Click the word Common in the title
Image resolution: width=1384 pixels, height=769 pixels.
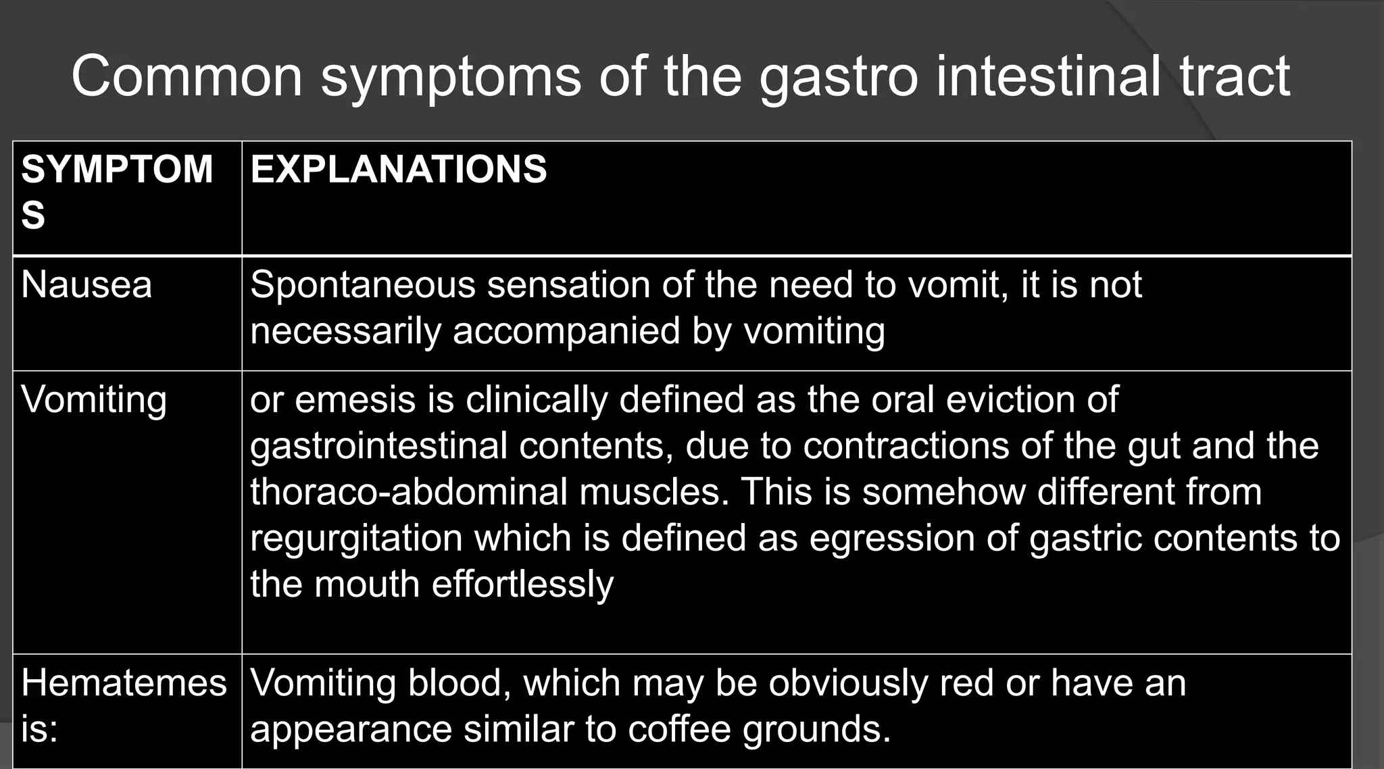click(187, 76)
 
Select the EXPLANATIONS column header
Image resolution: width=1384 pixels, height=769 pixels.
click(398, 169)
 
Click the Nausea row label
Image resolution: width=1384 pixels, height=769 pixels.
click(86, 284)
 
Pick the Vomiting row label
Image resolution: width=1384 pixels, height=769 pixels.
click(94, 399)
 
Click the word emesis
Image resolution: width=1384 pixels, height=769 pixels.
click(355, 399)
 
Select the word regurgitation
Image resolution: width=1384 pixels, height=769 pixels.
click(356, 539)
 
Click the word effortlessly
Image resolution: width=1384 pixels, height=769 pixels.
click(522, 584)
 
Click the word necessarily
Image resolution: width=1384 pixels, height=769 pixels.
click(345, 331)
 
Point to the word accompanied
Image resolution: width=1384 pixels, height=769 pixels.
click(566, 331)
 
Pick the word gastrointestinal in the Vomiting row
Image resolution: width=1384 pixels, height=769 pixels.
click(378, 446)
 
